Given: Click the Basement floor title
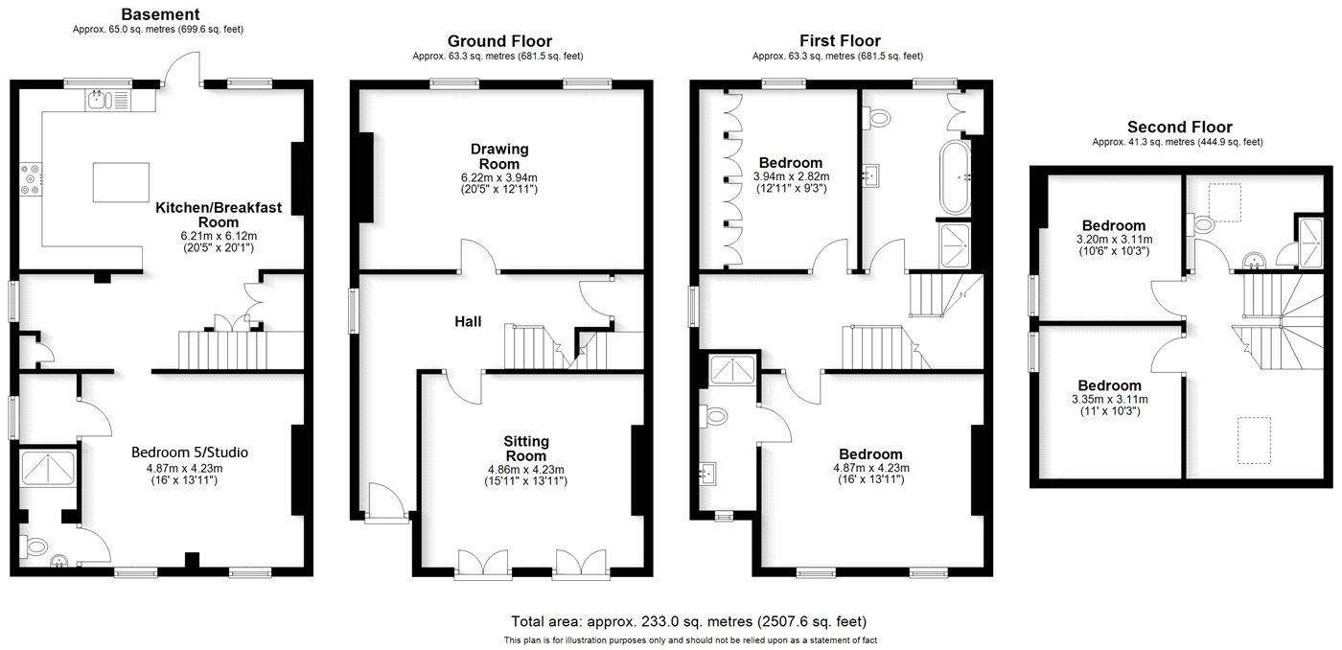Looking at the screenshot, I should pos(159,14).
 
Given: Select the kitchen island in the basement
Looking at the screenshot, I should pos(121,182).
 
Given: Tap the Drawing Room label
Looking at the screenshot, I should pos(498,156).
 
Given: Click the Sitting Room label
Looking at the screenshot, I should pos(526,448).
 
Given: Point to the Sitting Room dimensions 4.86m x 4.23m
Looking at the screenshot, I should pos(526,469).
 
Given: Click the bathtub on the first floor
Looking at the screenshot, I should pos(955,177).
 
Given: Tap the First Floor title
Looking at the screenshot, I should pos(840,40).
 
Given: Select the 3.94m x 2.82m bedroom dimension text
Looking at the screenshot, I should pos(791,176).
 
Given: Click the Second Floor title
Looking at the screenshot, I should pos(1179,127).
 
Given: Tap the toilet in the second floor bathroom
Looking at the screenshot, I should pos(1202,225).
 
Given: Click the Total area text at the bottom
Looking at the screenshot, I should pos(688,621).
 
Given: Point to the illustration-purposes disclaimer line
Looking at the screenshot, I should pos(689,639).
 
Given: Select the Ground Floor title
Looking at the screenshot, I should pos(499,40).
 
